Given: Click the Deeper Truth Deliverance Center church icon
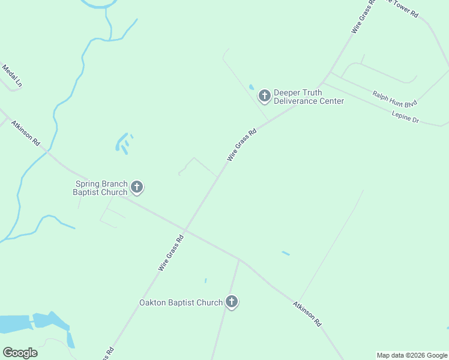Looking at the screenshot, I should point(264,95).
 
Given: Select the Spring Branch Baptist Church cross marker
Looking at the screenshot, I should point(137,188).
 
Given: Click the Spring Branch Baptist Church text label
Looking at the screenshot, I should point(100,188).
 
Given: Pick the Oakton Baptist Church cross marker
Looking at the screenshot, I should point(232,302).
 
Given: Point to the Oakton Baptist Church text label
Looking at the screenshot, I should point(181,303).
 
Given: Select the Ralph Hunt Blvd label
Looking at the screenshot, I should point(394,99).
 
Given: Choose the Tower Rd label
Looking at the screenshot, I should point(403,7).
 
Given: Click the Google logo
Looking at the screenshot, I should point(20,353).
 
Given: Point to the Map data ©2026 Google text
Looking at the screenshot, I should point(412,355).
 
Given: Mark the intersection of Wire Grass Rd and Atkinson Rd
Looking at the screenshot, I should point(185,230).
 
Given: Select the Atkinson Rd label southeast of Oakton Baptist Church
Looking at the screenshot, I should point(307,313).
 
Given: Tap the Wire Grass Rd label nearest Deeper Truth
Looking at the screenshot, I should point(242,145).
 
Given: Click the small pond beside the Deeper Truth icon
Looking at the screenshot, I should point(252,87).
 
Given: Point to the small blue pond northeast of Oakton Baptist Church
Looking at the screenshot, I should point(286,253).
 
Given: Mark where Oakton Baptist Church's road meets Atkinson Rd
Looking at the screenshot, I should point(239,260).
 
